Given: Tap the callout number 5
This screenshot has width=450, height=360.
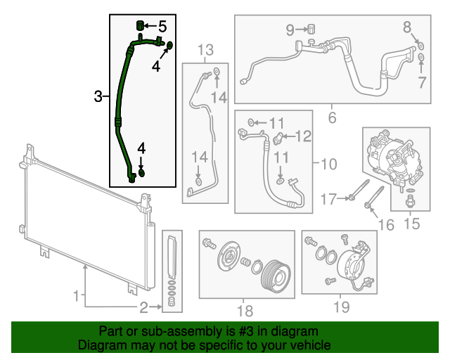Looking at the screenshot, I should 162,27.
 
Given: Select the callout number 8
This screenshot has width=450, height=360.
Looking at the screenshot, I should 407,27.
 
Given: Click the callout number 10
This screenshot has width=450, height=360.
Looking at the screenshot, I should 328,165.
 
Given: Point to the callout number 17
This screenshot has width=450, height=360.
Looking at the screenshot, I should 329,200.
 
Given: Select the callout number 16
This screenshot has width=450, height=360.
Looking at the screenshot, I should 386,224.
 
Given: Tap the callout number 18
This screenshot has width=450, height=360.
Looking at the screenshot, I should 244,311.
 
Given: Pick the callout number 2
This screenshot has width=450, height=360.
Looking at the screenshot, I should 143,307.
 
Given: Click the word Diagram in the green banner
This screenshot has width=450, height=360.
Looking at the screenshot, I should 99,346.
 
